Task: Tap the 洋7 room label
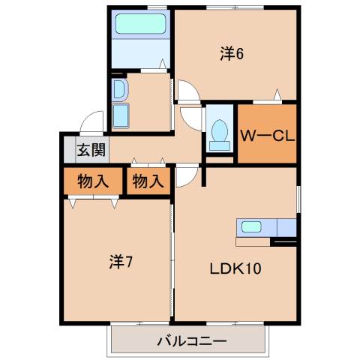(x=121, y=262)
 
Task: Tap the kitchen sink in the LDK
(x=250, y=226)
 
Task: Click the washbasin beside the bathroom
(x=119, y=91)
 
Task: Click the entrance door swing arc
(x=92, y=120)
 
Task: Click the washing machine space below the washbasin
(x=121, y=117)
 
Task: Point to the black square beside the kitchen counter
(x=283, y=241)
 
